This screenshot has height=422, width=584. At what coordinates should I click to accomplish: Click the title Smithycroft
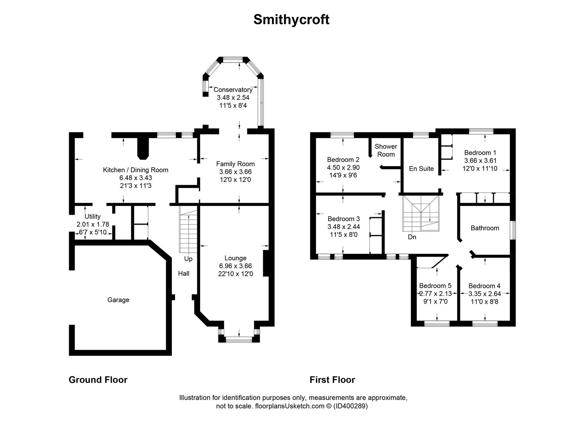pyautogui.click(x=291, y=20)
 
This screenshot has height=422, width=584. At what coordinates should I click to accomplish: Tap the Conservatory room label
pyautogui.click(x=233, y=90)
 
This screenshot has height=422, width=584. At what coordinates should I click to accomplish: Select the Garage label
pyautogui.click(x=118, y=300)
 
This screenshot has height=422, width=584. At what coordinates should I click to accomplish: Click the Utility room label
pyautogui.click(x=93, y=216)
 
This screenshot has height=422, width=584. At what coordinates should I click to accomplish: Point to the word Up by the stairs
pyautogui.click(x=188, y=259)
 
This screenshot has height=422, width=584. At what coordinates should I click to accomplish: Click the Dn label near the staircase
pyautogui.click(x=412, y=237)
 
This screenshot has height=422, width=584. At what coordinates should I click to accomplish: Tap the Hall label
pyautogui.click(x=184, y=274)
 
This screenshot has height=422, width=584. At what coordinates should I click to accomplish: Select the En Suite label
pyautogui.click(x=421, y=169)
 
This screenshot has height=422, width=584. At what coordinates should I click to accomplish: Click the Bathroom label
pyautogui.click(x=485, y=228)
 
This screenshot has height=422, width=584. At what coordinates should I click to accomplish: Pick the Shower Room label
pyautogui.click(x=386, y=150)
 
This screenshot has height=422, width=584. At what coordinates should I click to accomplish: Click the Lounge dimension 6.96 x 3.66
pyautogui.click(x=236, y=266)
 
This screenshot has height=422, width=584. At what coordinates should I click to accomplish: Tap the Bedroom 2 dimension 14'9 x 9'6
pyautogui.click(x=343, y=175)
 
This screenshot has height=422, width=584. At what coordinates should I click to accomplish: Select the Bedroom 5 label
pyautogui.click(x=435, y=286)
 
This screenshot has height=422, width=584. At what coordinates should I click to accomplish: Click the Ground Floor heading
pyautogui.click(x=98, y=380)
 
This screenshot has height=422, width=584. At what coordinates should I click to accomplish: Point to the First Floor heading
pyautogui.click(x=332, y=380)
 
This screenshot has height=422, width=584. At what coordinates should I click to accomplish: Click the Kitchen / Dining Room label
pyautogui.click(x=136, y=170)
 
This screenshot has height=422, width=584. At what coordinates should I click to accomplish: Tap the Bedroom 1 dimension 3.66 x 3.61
pyautogui.click(x=480, y=161)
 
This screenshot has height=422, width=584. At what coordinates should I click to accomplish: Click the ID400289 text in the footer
pyautogui.click(x=351, y=406)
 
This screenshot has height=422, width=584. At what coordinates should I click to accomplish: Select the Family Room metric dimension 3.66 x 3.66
pyautogui.click(x=236, y=172)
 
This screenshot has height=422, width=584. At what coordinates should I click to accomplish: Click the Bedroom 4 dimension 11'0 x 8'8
pyautogui.click(x=484, y=302)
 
